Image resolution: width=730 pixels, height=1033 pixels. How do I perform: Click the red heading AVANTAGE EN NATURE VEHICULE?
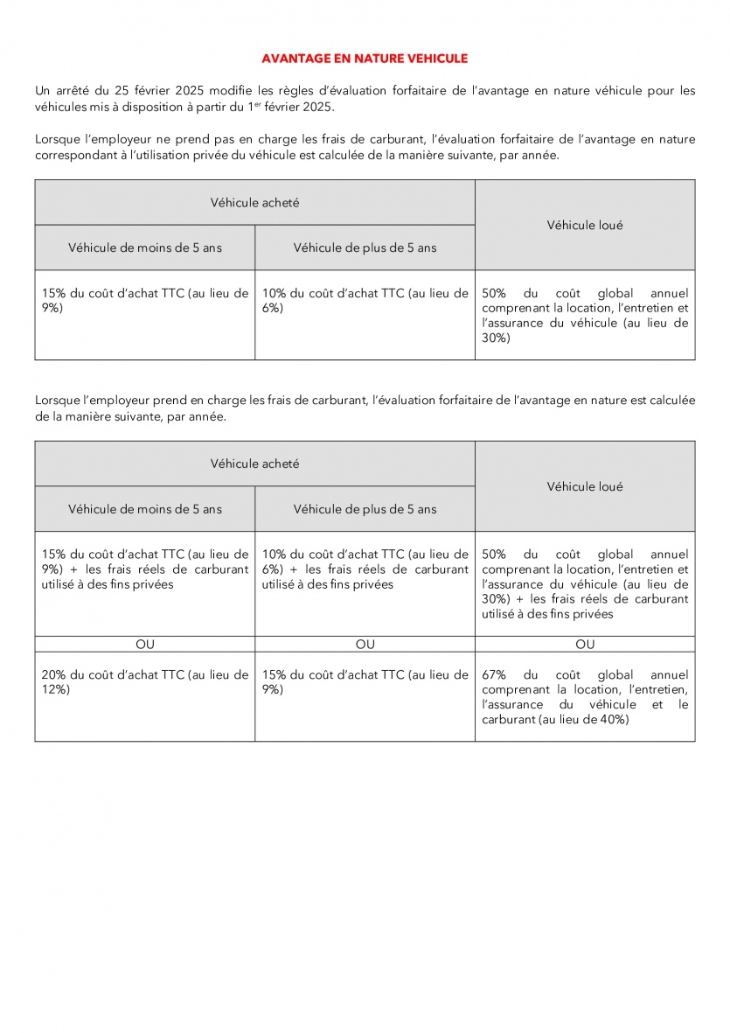365,59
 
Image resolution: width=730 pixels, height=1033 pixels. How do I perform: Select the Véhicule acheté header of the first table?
254,202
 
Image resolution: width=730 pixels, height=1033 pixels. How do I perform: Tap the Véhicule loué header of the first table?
585,225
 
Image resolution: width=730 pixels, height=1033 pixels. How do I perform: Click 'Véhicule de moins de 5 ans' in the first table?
145,248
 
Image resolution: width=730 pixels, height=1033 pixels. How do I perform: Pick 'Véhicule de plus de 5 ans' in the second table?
365,509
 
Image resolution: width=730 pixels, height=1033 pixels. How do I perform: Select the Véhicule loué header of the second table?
585,486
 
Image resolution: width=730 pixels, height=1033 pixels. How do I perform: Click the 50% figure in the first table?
494,293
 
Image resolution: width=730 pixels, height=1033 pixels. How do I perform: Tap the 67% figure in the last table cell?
494,675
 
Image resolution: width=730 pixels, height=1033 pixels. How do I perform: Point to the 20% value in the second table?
54,675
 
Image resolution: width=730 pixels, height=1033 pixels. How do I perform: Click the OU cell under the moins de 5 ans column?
145,645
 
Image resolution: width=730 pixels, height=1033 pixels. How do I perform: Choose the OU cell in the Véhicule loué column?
585,645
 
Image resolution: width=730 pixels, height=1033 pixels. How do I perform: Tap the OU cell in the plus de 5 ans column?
365,645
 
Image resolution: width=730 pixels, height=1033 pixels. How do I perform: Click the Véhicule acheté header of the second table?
254,464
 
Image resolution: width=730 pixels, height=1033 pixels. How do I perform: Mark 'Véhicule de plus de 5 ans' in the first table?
365,248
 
